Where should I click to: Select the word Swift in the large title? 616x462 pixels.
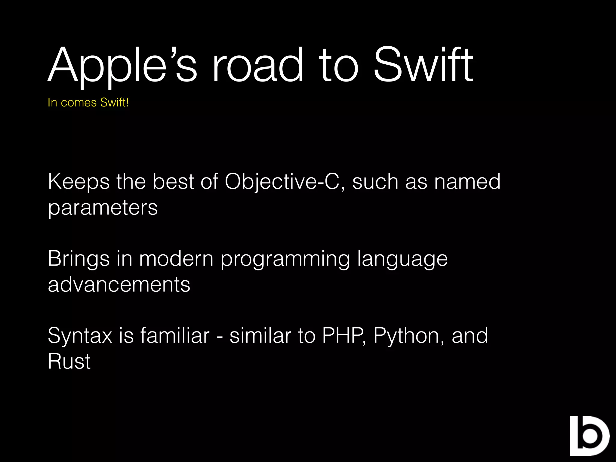(x=423, y=65)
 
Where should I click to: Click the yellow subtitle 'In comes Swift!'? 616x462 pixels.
(x=88, y=103)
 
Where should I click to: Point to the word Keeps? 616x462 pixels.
(x=79, y=182)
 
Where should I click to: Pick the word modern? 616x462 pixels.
(x=176, y=259)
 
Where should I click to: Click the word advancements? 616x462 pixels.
(x=119, y=285)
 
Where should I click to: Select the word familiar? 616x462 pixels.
(x=175, y=335)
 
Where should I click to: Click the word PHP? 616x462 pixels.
(x=343, y=335)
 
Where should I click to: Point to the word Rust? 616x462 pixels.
(x=69, y=361)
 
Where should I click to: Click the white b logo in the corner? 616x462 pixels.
(x=589, y=436)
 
